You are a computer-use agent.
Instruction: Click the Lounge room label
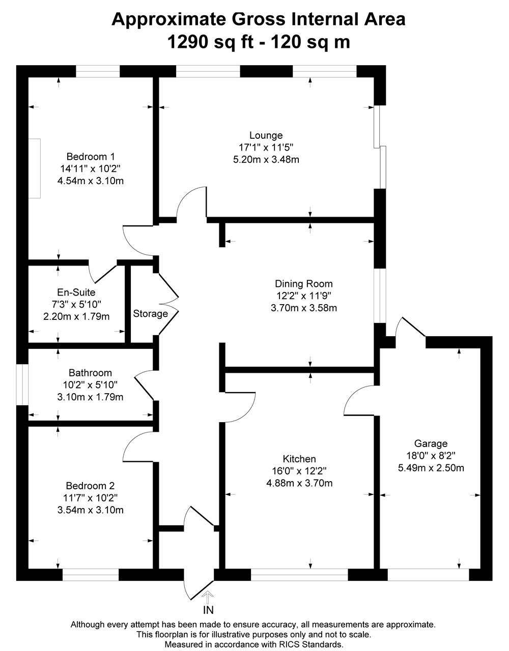266,135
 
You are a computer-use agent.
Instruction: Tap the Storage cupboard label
151,314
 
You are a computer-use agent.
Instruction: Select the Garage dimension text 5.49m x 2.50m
431,468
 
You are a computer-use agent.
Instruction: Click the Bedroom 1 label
91,156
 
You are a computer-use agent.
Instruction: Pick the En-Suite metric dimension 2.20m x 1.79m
76,316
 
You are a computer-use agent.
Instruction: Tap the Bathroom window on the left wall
22,384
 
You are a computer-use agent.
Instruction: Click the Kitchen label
299,459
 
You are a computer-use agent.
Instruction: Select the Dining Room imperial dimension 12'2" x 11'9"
304,295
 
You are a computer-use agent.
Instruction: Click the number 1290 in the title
188,42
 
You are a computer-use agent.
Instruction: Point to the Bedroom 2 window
91,575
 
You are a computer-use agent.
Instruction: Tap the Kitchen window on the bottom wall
299,575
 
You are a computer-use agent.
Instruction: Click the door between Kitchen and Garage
359,400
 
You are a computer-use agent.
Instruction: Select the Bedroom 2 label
90,486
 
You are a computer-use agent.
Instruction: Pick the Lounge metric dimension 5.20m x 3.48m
266,159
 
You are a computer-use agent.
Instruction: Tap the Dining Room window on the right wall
380,295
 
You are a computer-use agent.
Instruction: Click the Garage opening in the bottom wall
429,575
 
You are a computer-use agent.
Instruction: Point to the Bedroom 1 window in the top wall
98,71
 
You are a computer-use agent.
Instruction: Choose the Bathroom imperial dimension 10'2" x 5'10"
90,384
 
